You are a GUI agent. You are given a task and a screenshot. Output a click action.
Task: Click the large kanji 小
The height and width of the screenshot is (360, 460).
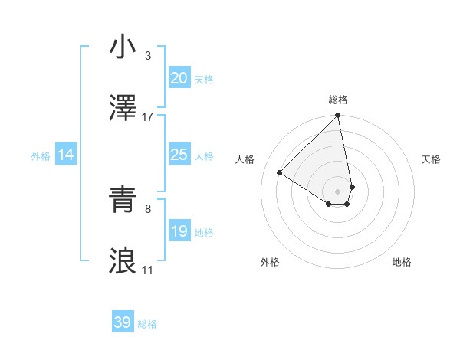click(123, 47)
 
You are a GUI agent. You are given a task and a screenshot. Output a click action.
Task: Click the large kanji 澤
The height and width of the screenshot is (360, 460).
click(123, 110)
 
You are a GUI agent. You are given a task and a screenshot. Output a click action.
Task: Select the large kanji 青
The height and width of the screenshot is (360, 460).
click(123, 200)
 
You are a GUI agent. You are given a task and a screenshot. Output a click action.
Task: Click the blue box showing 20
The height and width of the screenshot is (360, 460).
click(179, 78)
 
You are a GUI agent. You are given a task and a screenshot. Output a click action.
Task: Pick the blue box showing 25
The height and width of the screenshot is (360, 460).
click(179, 155)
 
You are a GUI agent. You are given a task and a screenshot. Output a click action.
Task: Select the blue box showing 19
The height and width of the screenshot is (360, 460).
click(179, 231)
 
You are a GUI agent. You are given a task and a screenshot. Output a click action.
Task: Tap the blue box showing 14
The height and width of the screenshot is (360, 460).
click(66, 155)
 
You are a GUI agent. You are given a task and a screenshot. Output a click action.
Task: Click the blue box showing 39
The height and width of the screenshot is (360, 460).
click(123, 322)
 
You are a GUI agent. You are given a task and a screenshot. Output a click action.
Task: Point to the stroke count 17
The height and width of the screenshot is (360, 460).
click(148, 117)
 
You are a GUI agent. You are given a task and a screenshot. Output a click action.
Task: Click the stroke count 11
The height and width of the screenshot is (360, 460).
click(148, 270)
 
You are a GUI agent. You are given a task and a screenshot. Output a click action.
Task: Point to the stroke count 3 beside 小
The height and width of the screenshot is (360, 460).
click(148, 56)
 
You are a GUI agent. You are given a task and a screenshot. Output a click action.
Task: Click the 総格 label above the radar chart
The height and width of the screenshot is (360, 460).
click(338, 100)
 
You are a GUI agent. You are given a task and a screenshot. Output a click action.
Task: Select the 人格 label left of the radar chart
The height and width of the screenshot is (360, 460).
click(246, 159)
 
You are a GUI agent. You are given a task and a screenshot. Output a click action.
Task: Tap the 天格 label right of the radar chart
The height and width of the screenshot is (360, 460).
click(431, 159)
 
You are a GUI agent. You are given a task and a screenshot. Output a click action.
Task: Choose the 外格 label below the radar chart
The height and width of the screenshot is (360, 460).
click(270, 262)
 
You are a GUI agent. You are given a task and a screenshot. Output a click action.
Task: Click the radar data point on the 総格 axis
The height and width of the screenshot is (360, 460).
click(337, 116)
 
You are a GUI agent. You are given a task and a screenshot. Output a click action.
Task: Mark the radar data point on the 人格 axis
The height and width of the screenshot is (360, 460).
click(280, 172)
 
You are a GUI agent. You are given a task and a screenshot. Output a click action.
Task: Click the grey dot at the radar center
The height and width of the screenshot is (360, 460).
click(337, 191)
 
